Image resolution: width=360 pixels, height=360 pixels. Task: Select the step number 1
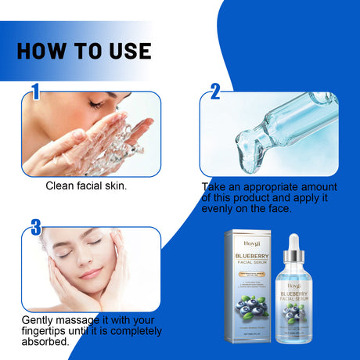click(35, 93)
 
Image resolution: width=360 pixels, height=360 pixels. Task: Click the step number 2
click(215, 93)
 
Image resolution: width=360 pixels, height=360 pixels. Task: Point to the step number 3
click(35, 228)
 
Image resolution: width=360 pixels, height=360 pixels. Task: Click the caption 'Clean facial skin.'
click(87, 185)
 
